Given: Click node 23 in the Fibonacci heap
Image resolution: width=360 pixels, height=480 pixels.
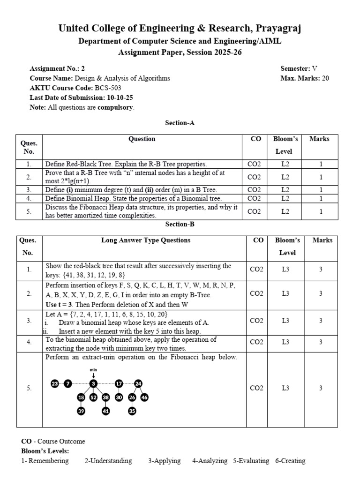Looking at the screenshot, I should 54,384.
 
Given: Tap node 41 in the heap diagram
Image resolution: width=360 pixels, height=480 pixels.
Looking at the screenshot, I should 106,411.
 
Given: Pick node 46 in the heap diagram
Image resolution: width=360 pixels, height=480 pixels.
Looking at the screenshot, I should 144,397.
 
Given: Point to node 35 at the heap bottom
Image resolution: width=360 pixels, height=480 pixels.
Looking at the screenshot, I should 132,411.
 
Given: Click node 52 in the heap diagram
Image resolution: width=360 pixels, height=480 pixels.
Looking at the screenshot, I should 93,397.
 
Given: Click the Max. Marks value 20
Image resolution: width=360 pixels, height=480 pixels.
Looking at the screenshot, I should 325,78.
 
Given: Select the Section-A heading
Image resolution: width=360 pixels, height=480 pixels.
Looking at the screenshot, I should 180,123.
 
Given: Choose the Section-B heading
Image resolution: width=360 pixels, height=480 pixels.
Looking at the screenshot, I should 180,224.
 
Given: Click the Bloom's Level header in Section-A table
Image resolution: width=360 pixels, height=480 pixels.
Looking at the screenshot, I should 285,145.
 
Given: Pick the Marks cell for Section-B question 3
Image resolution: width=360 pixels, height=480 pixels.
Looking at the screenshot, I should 321,321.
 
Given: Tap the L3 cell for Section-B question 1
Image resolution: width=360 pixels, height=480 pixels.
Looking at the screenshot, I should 287,270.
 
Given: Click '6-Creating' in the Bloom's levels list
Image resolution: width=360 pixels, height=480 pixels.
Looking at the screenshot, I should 290,461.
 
